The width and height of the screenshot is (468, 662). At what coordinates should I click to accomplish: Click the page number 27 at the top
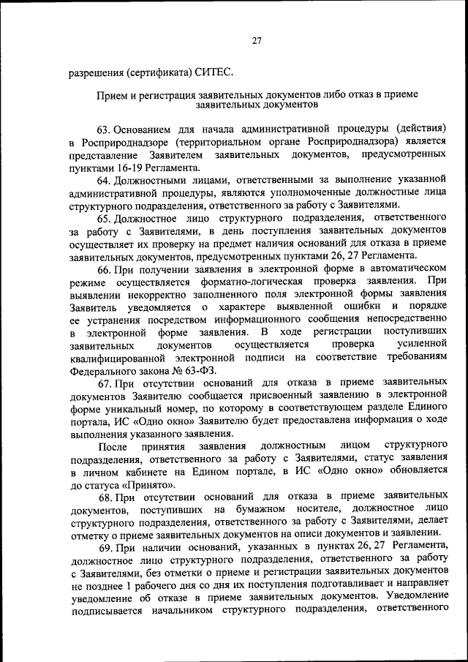(x=256, y=42)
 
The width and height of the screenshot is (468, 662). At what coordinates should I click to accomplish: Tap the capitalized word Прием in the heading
(x=112, y=94)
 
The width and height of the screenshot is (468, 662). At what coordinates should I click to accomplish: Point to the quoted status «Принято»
(x=150, y=484)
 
